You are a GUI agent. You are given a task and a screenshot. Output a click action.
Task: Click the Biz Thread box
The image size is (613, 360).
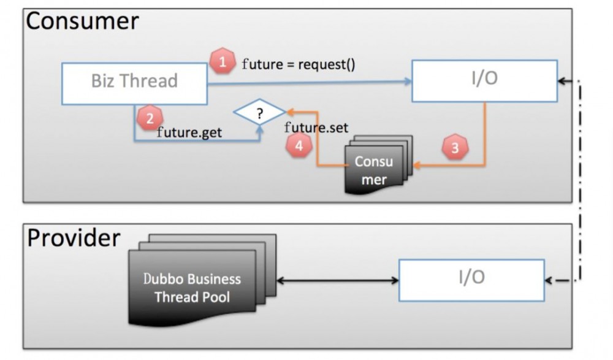(x=134, y=82)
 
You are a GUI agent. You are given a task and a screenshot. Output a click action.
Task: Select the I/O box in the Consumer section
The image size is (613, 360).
(x=484, y=80)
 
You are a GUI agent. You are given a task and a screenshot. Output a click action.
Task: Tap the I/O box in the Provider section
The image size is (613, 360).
(x=471, y=280)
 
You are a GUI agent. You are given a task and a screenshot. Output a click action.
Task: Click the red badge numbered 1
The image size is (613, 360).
(x=223, y=62)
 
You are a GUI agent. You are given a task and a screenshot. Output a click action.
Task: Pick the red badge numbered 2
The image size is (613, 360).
(x=150, y=118)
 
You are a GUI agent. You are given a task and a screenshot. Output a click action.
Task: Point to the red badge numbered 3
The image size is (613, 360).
(x=454, y=148)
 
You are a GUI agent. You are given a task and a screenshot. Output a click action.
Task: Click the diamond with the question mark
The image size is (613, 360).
(x=260, y=113)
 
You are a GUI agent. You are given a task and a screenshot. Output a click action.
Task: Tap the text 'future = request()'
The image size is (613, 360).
(x=299, y=63)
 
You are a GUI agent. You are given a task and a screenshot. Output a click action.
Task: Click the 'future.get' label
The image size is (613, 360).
(x=189, y=131)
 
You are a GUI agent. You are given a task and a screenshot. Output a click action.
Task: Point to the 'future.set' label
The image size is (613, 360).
(x=316, y=128)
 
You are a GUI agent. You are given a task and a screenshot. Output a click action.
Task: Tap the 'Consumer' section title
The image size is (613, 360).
(x=82, y=21)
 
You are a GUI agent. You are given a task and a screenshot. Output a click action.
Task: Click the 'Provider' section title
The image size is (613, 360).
(x=74, y=238)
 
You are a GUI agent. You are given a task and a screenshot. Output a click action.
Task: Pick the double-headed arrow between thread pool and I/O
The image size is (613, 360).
(x=337, y=281)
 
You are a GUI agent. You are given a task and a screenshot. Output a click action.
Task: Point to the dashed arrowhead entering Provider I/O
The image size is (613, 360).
(x=549, y=281)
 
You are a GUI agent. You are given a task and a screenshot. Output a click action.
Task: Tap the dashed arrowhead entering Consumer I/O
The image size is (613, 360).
(x=563, y=81)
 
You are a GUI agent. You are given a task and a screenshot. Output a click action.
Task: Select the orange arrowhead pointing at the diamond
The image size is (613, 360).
(x=291, y=112)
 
